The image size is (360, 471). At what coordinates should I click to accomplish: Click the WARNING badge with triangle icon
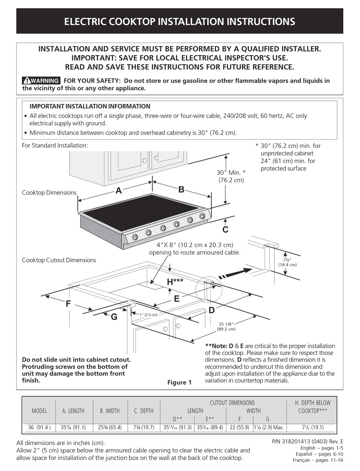click(41, 80)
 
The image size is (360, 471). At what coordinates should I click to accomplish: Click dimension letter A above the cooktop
click(119, 191)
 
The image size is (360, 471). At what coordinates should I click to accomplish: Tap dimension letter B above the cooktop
click(181, 190)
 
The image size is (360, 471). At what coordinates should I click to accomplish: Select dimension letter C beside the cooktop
click(225, 229)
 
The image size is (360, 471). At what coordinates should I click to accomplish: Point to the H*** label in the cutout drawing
click(175, 282)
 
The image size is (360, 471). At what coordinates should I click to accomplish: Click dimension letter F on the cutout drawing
click(68, 304)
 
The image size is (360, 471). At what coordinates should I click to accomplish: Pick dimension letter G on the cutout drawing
click(114, 317)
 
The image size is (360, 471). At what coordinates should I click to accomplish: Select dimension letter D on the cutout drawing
click(211, 310)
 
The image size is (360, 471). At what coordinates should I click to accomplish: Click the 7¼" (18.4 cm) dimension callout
click(287, 262)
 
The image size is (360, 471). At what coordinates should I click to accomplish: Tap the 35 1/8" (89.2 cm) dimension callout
click(227, 326)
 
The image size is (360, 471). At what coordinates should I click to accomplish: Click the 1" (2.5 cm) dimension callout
click(148, 314)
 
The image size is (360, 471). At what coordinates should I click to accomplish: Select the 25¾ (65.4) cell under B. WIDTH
click(110, 427)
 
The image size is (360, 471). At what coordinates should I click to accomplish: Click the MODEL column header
click(39, 411)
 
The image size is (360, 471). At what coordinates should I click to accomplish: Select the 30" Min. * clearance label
click(231, 176)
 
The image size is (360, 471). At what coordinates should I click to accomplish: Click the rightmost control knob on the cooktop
click(202, 216)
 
